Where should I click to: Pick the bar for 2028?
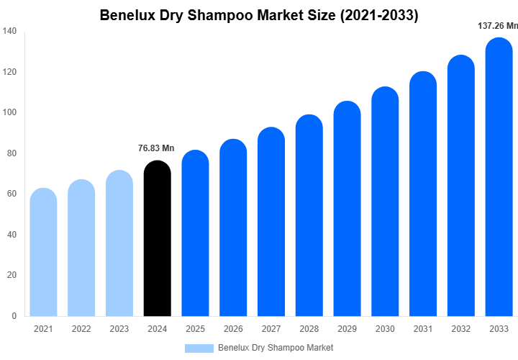click(x=309, y=215)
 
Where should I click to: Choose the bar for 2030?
click(x=386, y=202)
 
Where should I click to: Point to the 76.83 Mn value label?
click(x=156, y=148)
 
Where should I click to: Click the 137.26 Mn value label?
click(x=498, y=26)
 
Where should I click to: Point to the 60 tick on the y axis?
click(x=12, y=194)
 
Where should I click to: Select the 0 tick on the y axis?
click(x=14, y=315)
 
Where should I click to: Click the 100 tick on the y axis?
click(x=9, y=112)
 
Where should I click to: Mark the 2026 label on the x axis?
click(x=233, y=329)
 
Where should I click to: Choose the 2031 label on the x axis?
click(x=423, y=329)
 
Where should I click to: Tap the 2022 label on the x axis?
click(x=81, y=329)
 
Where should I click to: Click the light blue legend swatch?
click(x=199, y=348)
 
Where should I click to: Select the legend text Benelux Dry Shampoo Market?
click(x=276, y=348)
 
